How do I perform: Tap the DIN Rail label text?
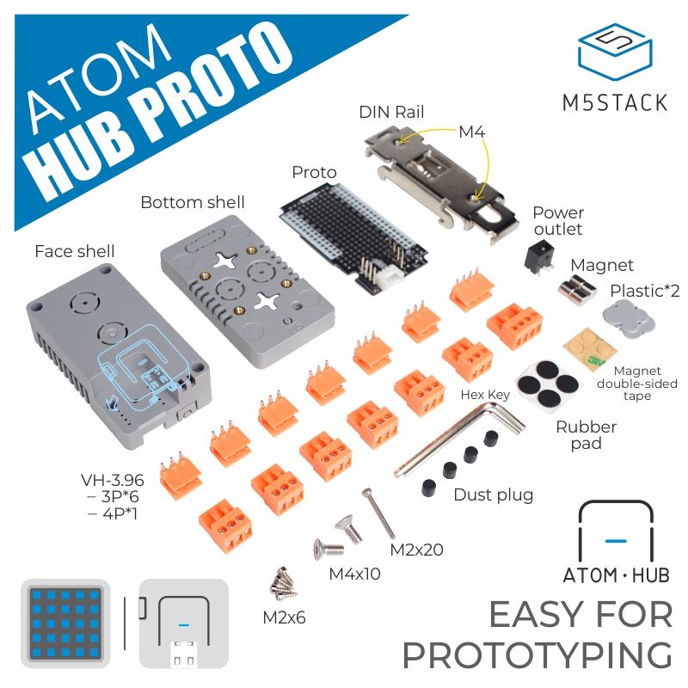(x=391, y=112)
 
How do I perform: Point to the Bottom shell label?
(x=192, y=203)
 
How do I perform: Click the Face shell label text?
(x=74, y=251)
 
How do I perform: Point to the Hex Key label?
(x=487, y=395)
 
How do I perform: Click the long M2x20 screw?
(x=376, y=512)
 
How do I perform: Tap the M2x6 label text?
(x=284, y=617)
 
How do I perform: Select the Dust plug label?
(x=493, y=494)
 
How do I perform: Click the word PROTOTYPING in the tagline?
(x=537, y=655)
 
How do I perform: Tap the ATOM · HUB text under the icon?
(x=615, y=575)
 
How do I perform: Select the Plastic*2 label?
(x=644, y=291)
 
